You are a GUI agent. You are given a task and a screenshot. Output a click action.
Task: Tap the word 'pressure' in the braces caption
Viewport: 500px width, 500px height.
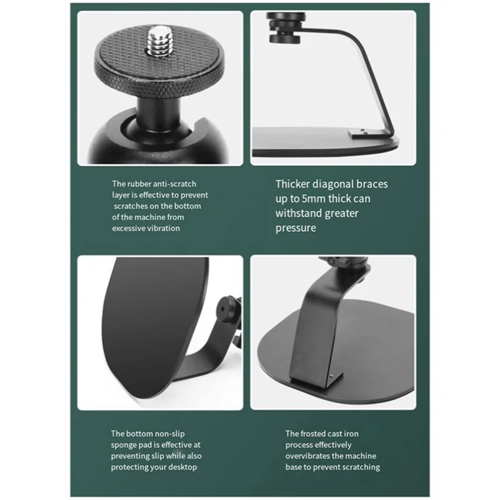coord(296,228)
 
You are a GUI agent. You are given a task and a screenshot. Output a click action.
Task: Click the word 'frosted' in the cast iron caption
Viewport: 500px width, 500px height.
coord(322,433)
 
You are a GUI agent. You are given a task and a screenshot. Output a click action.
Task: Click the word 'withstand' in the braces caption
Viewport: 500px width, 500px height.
coord(297,213)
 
